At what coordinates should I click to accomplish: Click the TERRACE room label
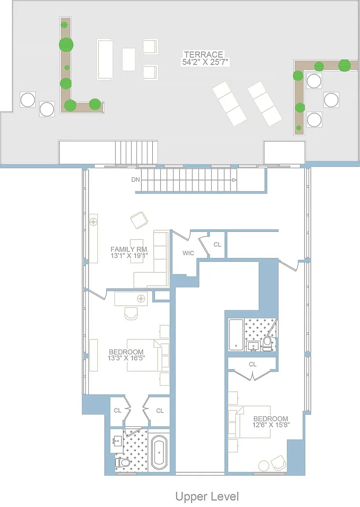[x=204, y=54]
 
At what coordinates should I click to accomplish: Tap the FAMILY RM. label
[x=129, y=249]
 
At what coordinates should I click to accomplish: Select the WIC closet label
[x=188, y=253]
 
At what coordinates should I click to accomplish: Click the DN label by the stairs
[x=136, y=180]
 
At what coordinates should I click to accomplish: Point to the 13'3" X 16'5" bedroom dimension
[x=126, y=358]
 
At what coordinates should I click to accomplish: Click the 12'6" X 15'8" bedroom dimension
[x=271, y=425]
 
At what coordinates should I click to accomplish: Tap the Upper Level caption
[x=207, y=496]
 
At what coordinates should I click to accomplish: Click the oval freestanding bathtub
[x=159, y=452]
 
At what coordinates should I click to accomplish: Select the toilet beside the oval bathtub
[x=122, y=463]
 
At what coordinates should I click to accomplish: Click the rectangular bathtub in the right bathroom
[x=236, y=335]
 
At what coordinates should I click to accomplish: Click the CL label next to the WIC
[x=217, y=244]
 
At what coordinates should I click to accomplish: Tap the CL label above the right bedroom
[x=253, y=364]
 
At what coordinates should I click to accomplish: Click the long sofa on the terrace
[x=104, y=59]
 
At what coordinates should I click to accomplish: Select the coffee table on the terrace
[x=129, y=59]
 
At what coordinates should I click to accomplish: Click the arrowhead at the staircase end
[x=235, y=180]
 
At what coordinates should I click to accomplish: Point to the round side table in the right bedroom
[x=264, y=466]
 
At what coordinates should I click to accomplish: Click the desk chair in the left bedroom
[x=131, y=313]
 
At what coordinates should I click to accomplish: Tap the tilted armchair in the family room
[x=140, y=220]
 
